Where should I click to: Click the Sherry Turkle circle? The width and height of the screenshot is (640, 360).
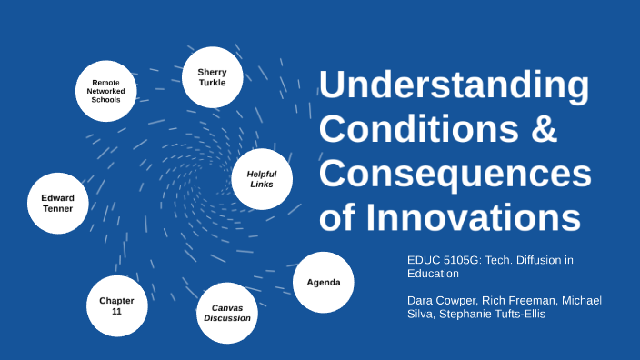pyautogui.click(x=212, y=76)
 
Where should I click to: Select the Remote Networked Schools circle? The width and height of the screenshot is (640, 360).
pyautogui.click(x=106, y=91)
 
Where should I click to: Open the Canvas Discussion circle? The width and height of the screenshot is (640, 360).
pyautogui.click(x=227, y=313)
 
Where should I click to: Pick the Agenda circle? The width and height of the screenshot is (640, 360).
pyautogui.click(x=323, y=282)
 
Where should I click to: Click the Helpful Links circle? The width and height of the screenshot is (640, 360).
pyautogui.click(x=262, y=179)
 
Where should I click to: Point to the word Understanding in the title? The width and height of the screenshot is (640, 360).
pyautogui.click(x=454, y=86)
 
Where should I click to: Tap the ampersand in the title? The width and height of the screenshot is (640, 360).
pyautogui.click(x=543, y=129)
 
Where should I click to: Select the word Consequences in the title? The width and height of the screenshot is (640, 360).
pyautogui.click(x=455, y=173)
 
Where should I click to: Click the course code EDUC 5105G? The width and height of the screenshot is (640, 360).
pyautogui.click(x=444, y=260)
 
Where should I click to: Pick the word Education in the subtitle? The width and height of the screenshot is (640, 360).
pyautogui.click(x=433, y=273)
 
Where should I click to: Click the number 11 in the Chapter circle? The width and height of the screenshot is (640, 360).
pyautogui.click(x=116, y=311)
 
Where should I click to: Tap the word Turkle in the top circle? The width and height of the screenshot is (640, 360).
pyautogui.click(x=212, y=83)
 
